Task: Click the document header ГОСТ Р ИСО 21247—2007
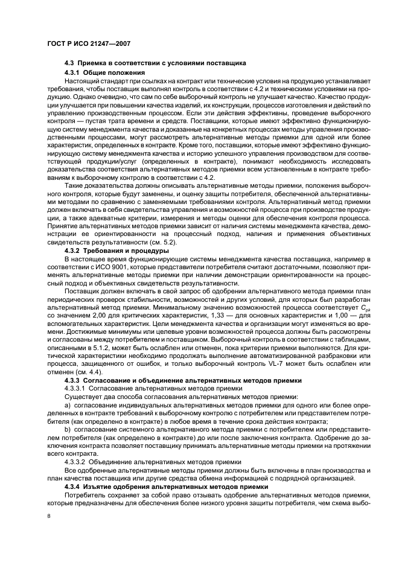pyautogui.click(x=89, y=43)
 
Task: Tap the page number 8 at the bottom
pyautogui.click(x=48, y=516)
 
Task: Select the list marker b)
pyautogui.click(x=68, y=427)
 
